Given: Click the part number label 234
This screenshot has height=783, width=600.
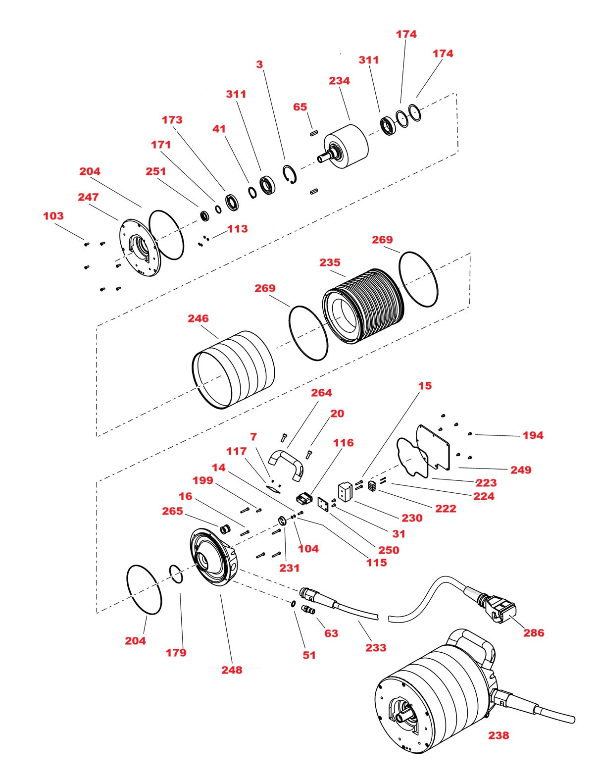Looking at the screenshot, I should pyautogui.click(x=339, y=81).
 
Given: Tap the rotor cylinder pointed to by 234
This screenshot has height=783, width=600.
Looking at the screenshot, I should pyautogui.click(x=350, y=146).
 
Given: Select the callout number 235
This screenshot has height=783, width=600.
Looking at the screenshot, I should pyautogui.click(x=330, y=262).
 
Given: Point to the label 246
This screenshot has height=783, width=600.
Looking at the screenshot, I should pyautogui.click(x=198, y=318).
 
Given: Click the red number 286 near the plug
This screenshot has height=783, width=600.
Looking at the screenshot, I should pyautogui.click(x=534, y=632).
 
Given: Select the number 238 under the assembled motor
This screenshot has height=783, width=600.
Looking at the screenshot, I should pyautogui.click(x=499, y=735).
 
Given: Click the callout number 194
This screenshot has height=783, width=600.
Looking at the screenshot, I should pyautogui.click(x=533, y=435).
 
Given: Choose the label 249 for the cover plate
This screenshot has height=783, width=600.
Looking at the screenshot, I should pyautogui.click(x=521, y=470).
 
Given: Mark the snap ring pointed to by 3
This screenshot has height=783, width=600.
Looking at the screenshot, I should pyautogui.click(x=290, y=175).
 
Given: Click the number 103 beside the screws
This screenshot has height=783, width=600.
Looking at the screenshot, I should pyautogui.click(x=53, y=216).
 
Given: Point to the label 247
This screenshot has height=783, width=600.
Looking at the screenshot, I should pyautogui.click(x=88, y=197).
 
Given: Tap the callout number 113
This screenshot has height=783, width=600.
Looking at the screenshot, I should pyautogui.click(x=237, y=229).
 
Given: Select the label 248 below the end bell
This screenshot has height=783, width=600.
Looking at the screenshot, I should pyautogui.click(x=232, y=670).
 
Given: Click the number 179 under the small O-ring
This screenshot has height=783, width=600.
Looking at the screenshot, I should pyautogui.click(x=176, y=652).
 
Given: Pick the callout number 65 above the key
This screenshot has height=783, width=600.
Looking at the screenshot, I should pyautogui.click(x=300, y=107).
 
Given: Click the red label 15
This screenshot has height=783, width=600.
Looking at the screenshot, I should pyautogui.click(x=425, y=385).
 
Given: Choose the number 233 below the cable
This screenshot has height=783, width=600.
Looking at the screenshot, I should pyautogui.click(x=376, y=647).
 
